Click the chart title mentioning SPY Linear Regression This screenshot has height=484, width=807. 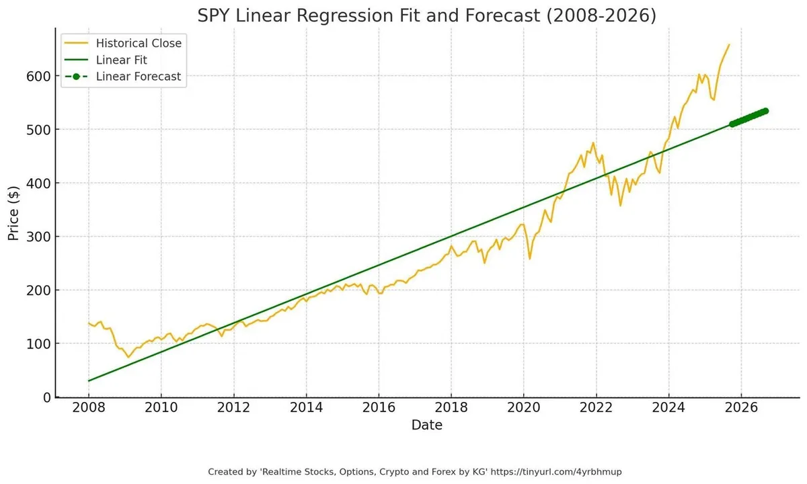click(x=426, y=15)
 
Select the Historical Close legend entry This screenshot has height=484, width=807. click(x=139, y=43)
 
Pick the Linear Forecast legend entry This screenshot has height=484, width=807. click(x=139, y=77)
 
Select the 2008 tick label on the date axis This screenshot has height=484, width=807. click(x=89, y=408)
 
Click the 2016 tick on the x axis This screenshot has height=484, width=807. click(x=379, y=408)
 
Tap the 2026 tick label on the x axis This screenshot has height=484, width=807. click(x=741, y=408)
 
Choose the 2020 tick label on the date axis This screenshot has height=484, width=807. click(x=524, y=408)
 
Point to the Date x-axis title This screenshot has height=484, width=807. click(x=427, y=425)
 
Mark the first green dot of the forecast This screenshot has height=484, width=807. click(x=733, y=124)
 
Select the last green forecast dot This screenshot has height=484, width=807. click(x=765, y=111)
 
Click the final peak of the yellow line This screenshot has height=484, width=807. click(x=729, y=45)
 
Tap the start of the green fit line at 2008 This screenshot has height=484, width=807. click(x=89, y=381)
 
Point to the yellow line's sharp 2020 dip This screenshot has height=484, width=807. click(x=529, y=259)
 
